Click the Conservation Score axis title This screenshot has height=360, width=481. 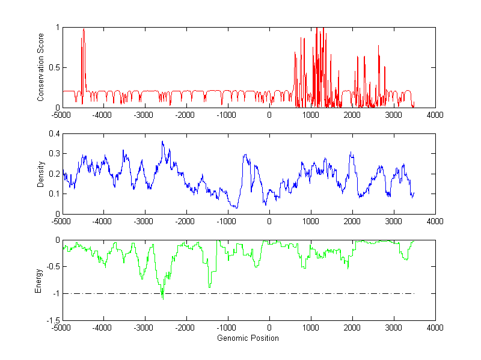click(x=41, y=67)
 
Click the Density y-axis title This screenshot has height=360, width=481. click(x=41, y=174)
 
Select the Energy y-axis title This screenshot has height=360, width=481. click(x=39, y=281)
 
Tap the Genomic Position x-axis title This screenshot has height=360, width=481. click(x=248, y=338)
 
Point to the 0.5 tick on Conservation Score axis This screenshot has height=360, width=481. click(x=54, y=67)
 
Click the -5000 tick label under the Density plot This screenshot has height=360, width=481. click(x=61, y=221)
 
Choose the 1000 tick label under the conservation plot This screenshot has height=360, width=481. click(x=311, y=115)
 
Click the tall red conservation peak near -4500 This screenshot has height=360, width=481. click(x=84, y=30)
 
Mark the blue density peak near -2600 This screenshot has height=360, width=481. click(x=162, y=142)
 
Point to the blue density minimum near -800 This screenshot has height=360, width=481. click(x=236, y=208)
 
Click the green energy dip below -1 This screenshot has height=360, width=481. click(x=162, y=298)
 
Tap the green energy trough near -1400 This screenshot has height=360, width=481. click(x=210, y=287)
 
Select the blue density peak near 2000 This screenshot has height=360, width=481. click(x=351, y=153)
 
